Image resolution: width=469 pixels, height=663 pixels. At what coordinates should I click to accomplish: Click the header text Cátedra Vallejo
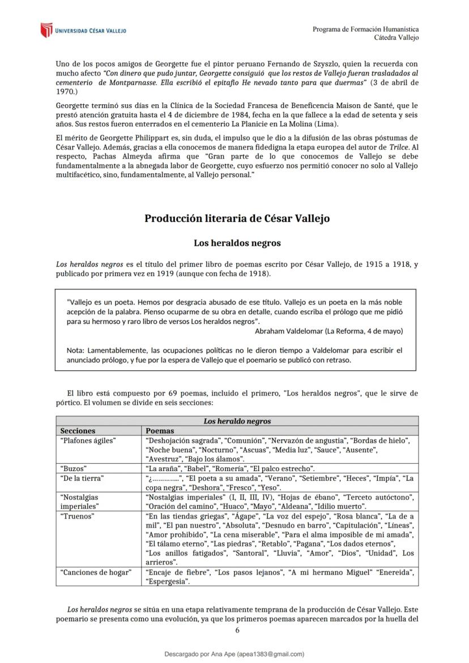(x=396, y=37)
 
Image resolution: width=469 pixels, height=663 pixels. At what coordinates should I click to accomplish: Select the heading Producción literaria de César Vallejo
(x=237, y=219)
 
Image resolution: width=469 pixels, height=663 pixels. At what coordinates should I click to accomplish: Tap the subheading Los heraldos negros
(x=237, y=243)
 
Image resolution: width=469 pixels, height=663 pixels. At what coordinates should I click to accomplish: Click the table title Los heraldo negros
(x=237, y=421)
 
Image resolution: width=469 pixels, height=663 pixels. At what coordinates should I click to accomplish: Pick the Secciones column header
(x=78, y=431)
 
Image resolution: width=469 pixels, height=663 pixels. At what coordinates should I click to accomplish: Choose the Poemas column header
(x=160, y=431)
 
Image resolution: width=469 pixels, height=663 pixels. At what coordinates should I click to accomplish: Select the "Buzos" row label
(x=73, y=468)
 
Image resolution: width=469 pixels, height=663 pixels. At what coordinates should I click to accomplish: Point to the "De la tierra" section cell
(x=82, y=478)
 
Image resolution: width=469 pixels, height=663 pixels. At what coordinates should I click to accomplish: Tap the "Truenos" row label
(x=77, y=516)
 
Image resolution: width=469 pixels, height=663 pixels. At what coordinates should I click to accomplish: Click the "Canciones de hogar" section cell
(x=96, y=572)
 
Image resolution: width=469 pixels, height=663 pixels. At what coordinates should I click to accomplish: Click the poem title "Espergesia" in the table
(x=168, y=581)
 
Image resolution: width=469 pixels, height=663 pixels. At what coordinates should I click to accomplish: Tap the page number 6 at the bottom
(x=237, y=630)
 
